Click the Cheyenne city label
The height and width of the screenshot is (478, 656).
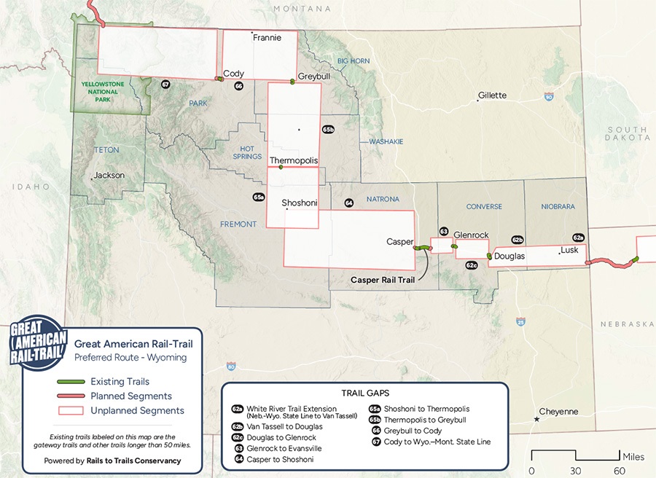pos(558,412)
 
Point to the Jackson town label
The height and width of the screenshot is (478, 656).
pos(109,175)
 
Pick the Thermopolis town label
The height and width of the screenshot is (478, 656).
pos(294,160)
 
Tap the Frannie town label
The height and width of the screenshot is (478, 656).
pos(267,37)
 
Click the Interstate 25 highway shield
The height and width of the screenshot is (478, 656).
pos(520,321)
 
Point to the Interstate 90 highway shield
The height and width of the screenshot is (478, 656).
pos(549,96)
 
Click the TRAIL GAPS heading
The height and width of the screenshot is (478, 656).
pos(364,393)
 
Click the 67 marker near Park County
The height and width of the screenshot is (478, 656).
pos(165,85)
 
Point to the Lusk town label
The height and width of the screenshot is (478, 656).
pos(571,251)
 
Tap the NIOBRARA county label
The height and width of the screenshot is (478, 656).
pos(558,206)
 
